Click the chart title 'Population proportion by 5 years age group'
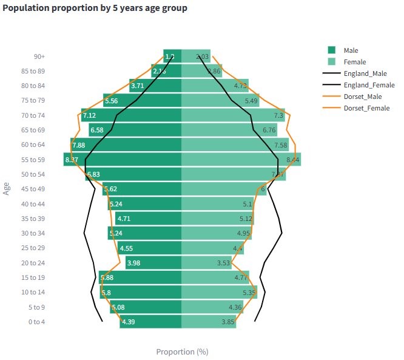point(95,8)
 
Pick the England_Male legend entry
point(365,73)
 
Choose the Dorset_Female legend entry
point(366,107)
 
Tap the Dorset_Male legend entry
point(363,96)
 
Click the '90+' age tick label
point(39,56)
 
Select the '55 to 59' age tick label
point(32,159)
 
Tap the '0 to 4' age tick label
point(36,322)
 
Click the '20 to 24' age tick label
point(32,263)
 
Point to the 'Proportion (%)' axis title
point(182,352)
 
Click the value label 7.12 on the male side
point(89,115)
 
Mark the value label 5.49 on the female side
point(251,101)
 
